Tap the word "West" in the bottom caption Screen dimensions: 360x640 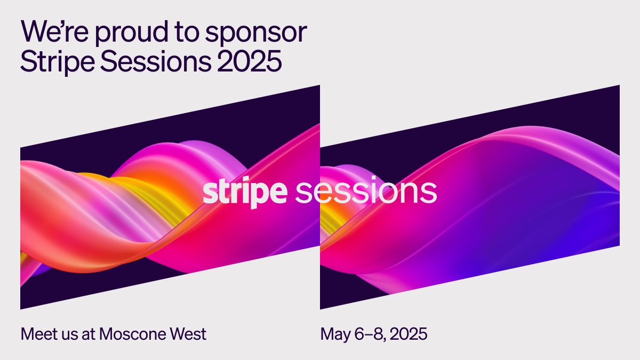[187, 334]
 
